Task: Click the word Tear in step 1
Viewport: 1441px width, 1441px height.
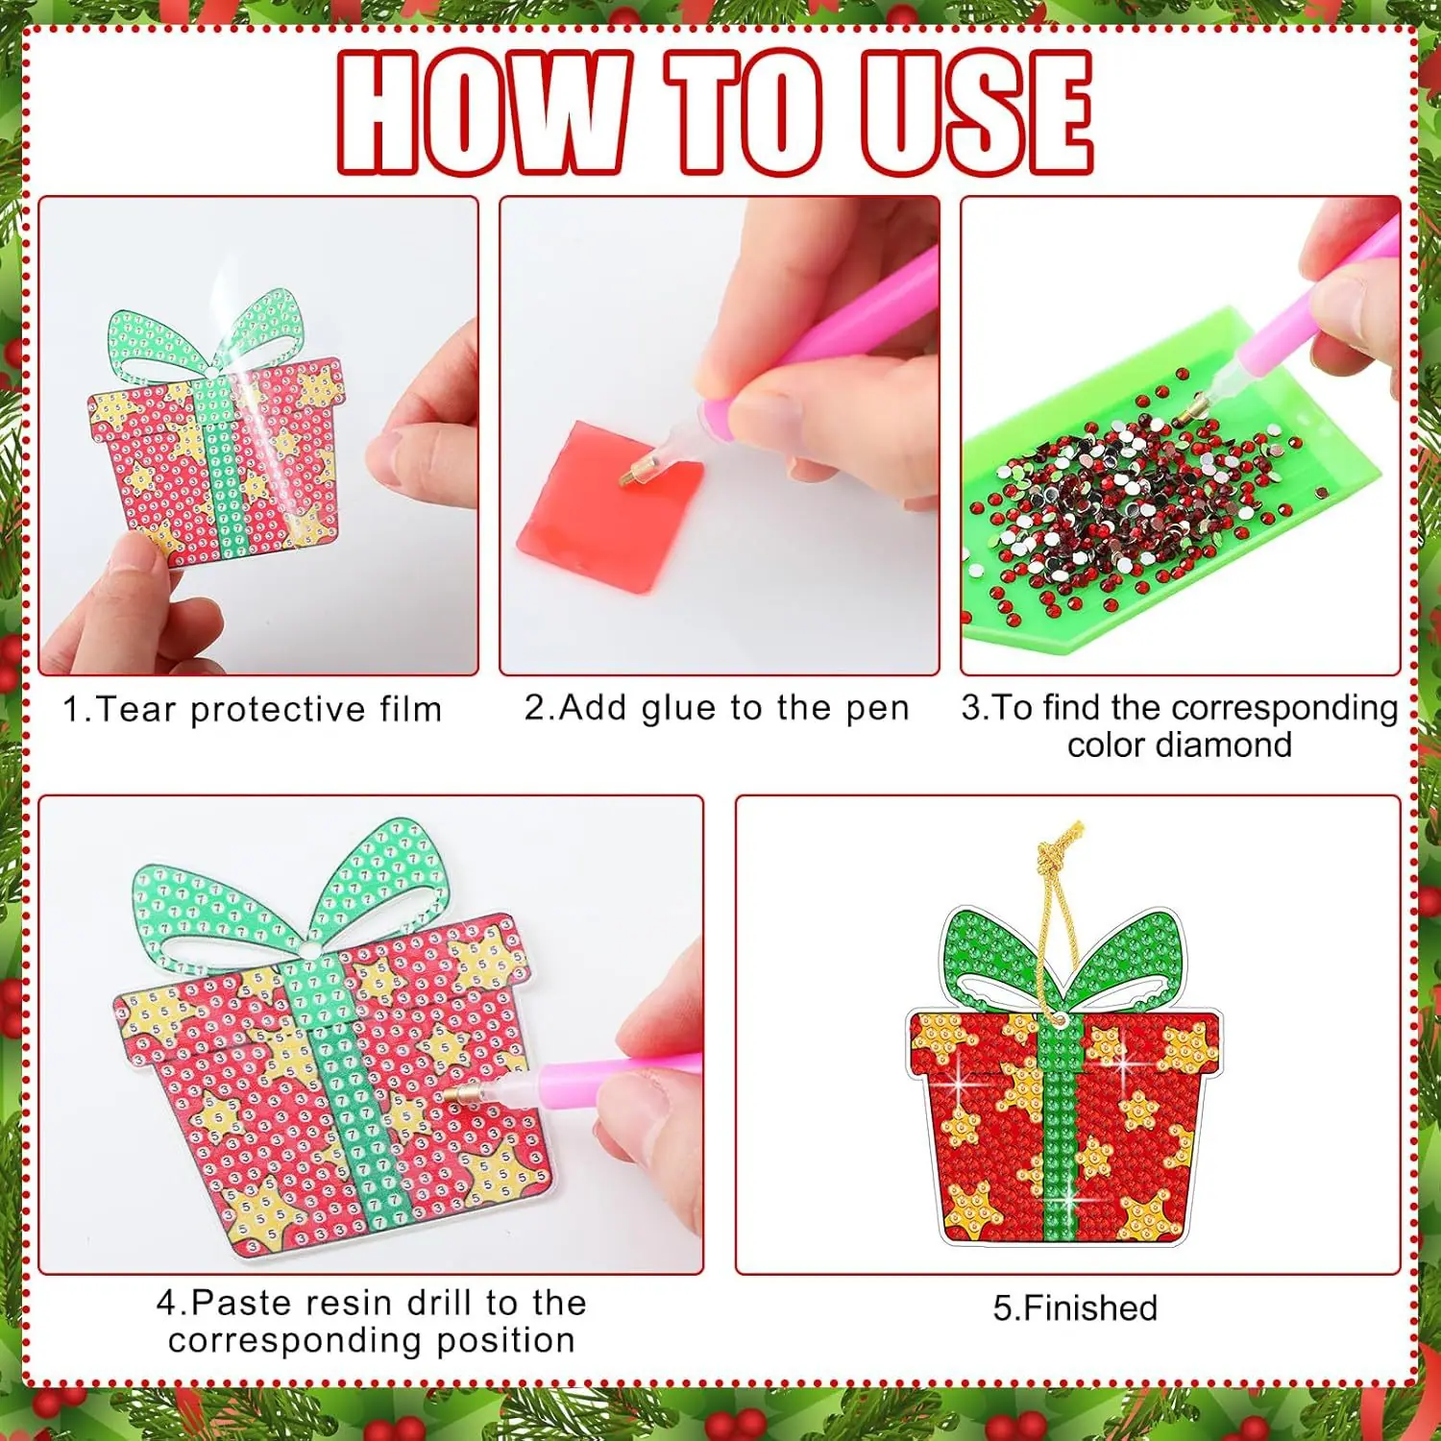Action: (x=136, y=709)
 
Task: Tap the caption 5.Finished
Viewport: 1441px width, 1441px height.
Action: (x=1075, y=1308)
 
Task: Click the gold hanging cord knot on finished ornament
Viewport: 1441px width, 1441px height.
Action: (x=1062, y=845)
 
